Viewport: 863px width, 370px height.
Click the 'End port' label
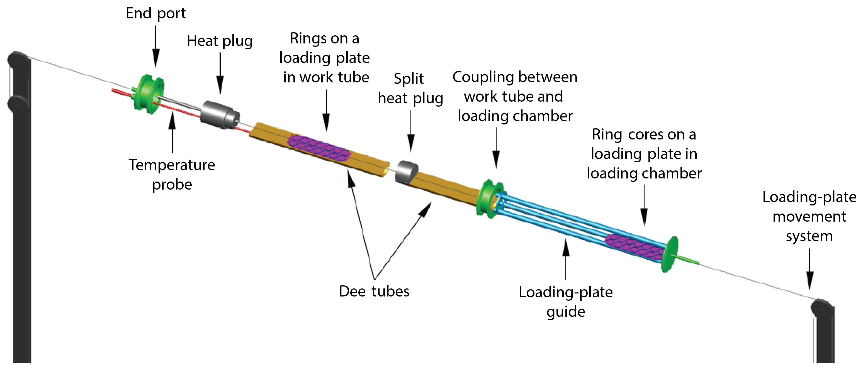click(x=155, y=13)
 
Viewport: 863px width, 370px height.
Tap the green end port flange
click(x=149, y=94)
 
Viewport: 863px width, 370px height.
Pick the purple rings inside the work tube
click(x=319, y=147)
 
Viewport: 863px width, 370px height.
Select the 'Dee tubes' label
click(x=374, y=291)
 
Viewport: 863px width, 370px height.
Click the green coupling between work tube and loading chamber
click(x=489, y=199)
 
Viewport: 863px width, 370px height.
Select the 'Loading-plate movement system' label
click(x=809, y=216)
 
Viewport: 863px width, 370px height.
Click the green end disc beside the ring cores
click(x=670, y=254)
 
